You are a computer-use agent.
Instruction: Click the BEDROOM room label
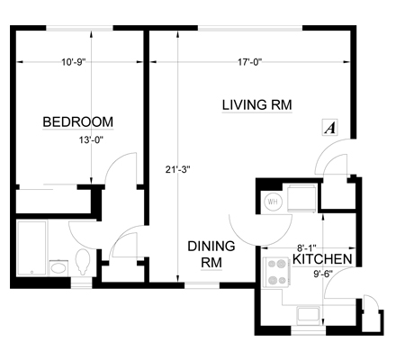click(78, 122)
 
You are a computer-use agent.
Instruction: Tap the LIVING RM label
click(256, 105)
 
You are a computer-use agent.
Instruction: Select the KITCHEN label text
click(322, 259)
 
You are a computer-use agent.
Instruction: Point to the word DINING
click(211, 247)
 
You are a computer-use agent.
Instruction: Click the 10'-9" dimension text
click(74, 62)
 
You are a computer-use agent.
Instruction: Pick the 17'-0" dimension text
click(250, 62)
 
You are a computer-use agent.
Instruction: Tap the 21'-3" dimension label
click(178, 170)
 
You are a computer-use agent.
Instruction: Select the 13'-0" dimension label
click(91, 140)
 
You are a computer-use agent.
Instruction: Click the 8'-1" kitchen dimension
click(307, 248)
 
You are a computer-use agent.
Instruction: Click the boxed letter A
click(330, 128)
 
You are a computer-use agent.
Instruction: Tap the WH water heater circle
click(273, 202)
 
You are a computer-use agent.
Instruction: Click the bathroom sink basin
click(58, 267)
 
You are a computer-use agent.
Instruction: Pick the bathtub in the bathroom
click(32, 248)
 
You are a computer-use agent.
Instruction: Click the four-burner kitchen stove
click(276, 273)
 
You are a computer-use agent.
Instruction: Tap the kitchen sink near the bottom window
click(308, 315)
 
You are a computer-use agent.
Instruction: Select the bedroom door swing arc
click(117, 162)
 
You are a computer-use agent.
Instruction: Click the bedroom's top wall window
click(79, 28)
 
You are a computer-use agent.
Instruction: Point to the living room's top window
click(250, 28)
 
